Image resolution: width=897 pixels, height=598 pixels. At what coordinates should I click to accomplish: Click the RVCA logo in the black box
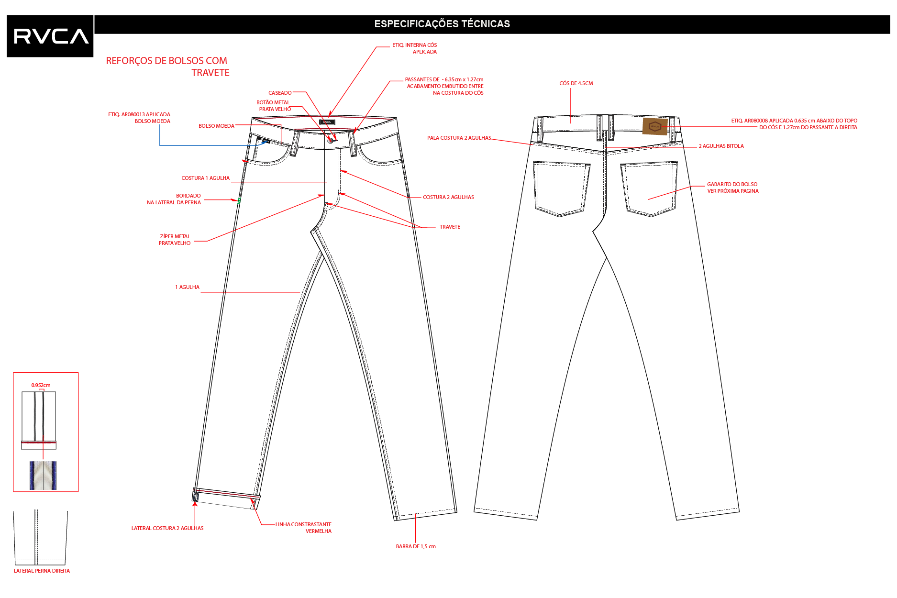tap(51, 36)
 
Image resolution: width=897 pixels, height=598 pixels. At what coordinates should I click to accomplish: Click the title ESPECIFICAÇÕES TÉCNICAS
tap(442, 24)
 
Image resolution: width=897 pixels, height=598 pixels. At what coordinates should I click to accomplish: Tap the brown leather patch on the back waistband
tap(654, 126)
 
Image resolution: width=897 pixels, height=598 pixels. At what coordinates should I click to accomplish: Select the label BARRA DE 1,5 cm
tap(416, 546)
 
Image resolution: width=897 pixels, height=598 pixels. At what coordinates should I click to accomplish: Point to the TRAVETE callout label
tap(450, 227)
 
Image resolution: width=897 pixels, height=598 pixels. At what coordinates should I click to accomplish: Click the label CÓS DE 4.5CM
tap(576, 83)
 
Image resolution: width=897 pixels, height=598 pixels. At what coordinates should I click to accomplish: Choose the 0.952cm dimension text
tap(41, 385)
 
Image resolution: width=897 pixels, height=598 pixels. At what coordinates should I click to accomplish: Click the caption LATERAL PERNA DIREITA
tap(42, 571)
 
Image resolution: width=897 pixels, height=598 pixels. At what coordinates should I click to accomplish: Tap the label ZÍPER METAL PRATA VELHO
tap(175, 240)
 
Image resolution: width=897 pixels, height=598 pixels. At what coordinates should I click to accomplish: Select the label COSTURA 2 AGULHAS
tap(448, 197)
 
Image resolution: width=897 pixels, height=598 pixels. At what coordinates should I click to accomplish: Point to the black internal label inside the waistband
tap(327, 122)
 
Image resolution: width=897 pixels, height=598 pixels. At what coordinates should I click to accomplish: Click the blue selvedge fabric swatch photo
tap(43, 475)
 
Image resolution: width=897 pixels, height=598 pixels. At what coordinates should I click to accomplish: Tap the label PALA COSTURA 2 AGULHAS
tap(459, 138)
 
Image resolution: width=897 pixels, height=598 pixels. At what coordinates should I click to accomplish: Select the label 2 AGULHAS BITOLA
tap(721, 146)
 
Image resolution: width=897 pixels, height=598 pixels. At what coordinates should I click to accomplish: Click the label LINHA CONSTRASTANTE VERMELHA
tap(303, 528)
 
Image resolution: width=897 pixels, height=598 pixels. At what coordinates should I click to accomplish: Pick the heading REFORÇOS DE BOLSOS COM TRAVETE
tap(167, 66)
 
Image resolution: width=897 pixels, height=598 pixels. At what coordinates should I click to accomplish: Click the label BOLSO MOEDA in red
tap(216, 126)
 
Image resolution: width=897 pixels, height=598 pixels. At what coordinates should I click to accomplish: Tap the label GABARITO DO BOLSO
tap(732, 184)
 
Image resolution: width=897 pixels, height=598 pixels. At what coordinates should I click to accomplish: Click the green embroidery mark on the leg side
tap(239, 201)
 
